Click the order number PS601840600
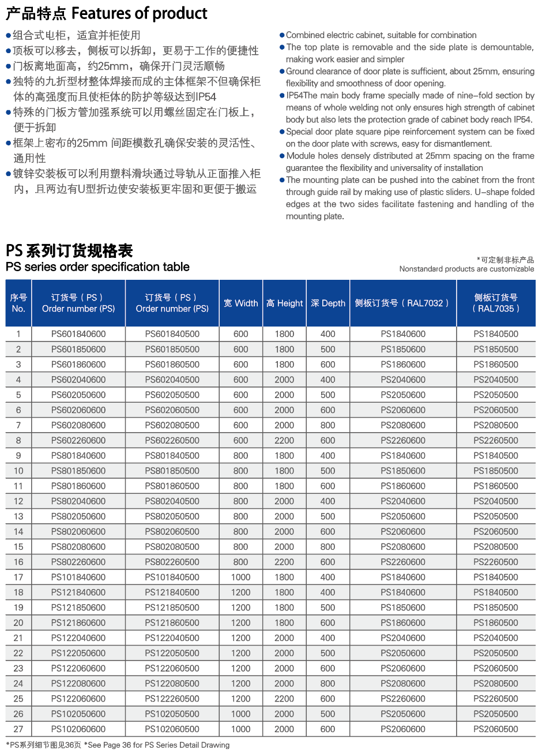pos(78,334)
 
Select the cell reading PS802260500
pos(172,562)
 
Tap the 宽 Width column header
pos(241,303)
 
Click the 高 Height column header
pos(284,303)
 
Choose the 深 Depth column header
pos(328,303)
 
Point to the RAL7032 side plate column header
pos(402,303)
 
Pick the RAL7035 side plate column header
pos(496,303)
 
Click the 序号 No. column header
pos(18,303)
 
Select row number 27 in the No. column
pos(18,729)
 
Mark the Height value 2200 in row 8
pos(284,440)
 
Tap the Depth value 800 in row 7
pos(328,425)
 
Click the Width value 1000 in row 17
pos(241,577)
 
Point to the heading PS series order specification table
pos(97,267)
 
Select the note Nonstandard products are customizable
pos(466,269)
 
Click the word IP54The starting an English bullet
pos(302,95)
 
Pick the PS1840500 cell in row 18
pos(496,592)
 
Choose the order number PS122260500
pos(172,699)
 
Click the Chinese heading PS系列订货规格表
pos(69,251)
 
